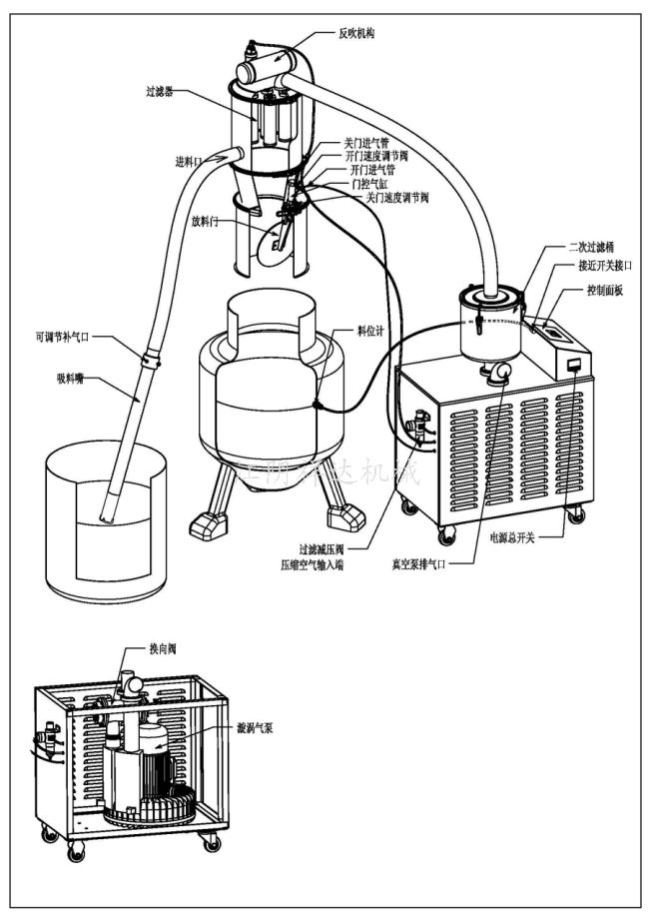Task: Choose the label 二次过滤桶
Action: [x=592, y=247]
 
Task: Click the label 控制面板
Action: [x=605, y=290]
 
